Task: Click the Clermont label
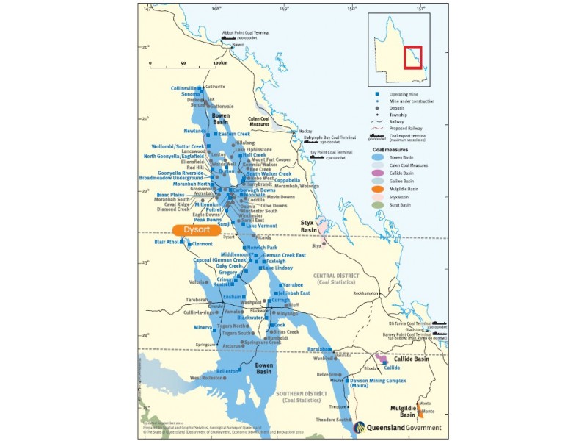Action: point(202,244)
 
